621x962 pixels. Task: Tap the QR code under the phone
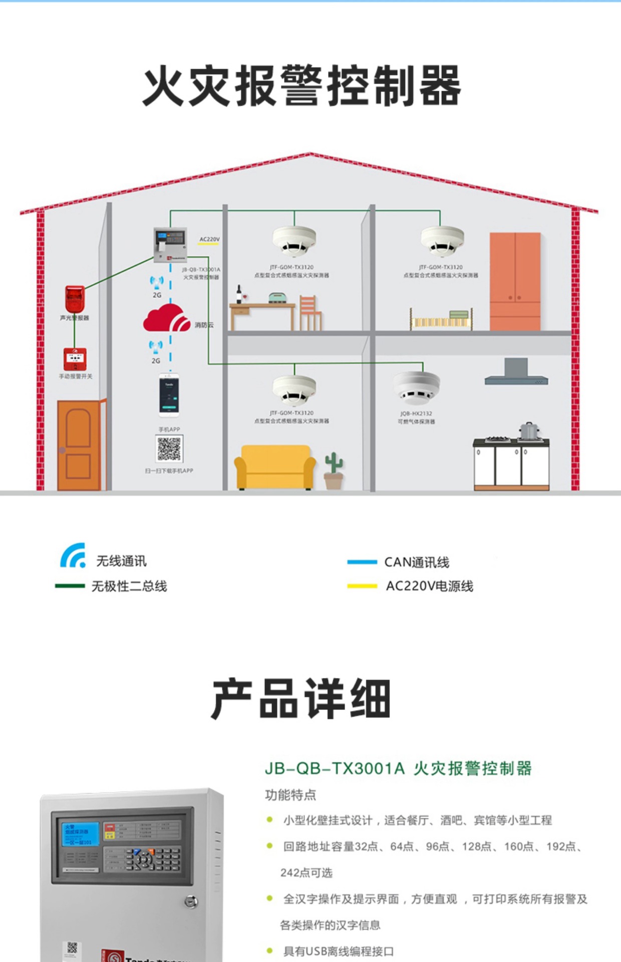tap(169, 448)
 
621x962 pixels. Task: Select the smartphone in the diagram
tap(169, 395)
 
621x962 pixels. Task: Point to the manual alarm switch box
tap(75, 359)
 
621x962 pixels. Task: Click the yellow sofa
tap(275, 467)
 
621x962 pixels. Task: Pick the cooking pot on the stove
tap(528, 431)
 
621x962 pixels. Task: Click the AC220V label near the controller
tap(209, 239)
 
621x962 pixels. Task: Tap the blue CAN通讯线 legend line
tap(362, 562)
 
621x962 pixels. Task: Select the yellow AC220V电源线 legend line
tap(362, 586)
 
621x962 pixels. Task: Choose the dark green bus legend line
tap(70, 586)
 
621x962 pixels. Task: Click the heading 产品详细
tap(300, 698)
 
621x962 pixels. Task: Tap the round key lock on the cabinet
tap(191, 902)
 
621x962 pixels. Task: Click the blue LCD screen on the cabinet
tap(80, 834)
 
